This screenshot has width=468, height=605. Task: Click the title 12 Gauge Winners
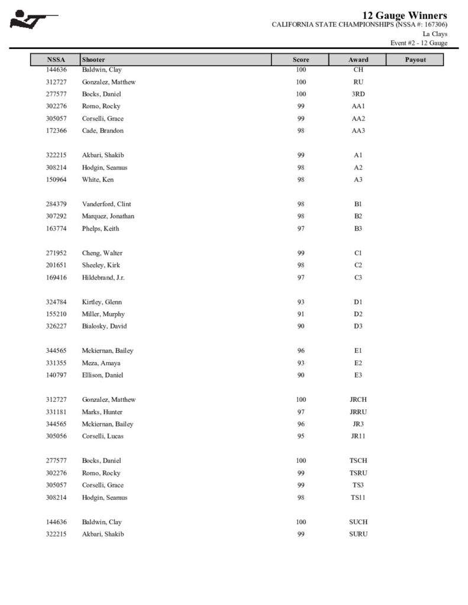click(405, 15)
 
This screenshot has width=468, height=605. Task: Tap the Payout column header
click(415, 60)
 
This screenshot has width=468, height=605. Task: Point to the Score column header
click(301, 60)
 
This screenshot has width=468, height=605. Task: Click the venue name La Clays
click(435, 34)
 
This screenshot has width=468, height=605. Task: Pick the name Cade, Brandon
click(102, 131)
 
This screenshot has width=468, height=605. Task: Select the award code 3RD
click(358, 94)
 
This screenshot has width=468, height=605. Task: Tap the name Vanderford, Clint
click(106, 204)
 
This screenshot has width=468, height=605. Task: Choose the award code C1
click(358, 253)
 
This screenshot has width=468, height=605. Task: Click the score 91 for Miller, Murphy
click(301, 314)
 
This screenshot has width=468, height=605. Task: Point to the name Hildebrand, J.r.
click(103, 277)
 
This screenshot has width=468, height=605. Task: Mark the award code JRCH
click(358, 400)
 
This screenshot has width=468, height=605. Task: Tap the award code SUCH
click(358, 522)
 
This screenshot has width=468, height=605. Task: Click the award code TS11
click(358, 497)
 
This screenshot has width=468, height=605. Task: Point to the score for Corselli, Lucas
click(301, 437)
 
